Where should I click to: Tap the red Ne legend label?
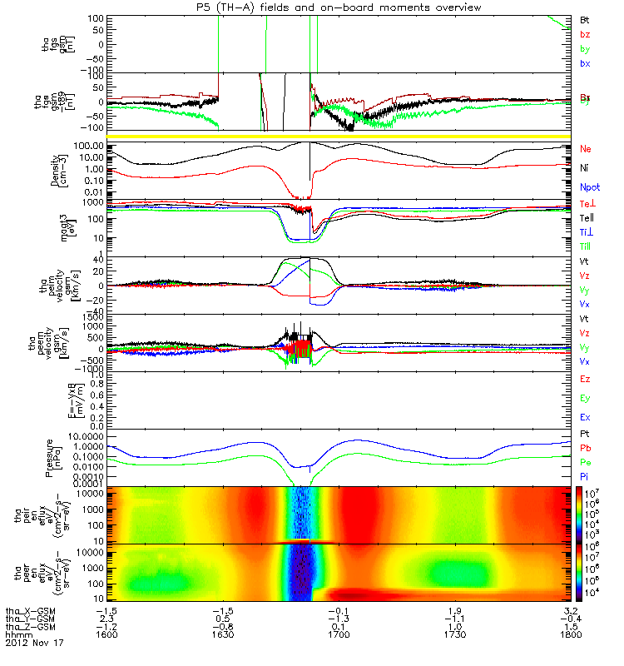[x=584, y=149]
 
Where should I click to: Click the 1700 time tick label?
[x=342, y=635]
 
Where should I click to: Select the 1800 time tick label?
[x=571, y=635]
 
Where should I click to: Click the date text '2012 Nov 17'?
[x=34, y=644]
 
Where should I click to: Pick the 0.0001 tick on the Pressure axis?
[x=91, y=483]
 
